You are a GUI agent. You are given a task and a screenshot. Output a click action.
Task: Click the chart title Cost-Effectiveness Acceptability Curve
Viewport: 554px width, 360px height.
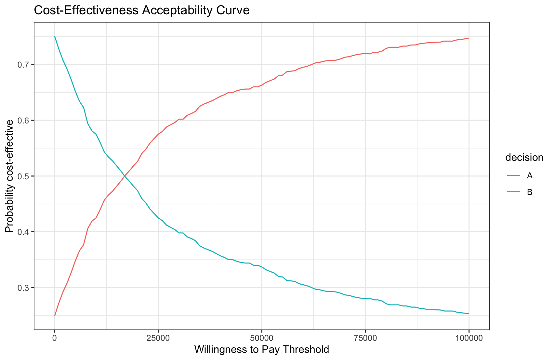coord(141,11)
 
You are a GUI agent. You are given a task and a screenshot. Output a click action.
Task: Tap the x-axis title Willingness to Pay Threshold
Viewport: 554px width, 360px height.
coord(261,350)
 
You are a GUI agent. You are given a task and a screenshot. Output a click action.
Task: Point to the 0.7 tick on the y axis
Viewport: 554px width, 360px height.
coord(25,65)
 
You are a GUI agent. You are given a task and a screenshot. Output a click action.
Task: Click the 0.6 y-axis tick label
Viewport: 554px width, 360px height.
coord(25,121)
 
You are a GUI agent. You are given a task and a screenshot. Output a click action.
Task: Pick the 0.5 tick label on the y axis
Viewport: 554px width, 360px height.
coord(25,176)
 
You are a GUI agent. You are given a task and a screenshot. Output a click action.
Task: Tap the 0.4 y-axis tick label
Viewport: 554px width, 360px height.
coord(25,232)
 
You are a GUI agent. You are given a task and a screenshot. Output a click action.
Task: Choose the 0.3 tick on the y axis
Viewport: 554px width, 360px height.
coord(25,288)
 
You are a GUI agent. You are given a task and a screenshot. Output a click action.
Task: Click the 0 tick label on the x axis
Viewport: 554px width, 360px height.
coord(55,338)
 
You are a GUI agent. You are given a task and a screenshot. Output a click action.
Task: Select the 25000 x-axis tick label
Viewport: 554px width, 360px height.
coord(158,338)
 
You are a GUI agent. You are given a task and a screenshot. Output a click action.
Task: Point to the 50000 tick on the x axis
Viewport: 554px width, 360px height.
coord(261,338)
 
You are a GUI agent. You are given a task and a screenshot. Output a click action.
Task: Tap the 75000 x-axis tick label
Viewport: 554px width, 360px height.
coord(365,338)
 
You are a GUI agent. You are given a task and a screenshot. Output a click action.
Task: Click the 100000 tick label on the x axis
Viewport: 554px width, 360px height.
coord(468,338)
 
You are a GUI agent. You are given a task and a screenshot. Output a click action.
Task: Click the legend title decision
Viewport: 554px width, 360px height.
coord(524,158)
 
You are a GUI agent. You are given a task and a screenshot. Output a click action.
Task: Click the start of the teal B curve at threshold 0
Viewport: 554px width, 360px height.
coord(55,36)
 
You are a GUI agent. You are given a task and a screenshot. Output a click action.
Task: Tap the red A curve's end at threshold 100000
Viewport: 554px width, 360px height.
coord(468,38)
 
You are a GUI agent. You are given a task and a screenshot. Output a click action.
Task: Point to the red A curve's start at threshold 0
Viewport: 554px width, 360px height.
coord(55,315)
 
